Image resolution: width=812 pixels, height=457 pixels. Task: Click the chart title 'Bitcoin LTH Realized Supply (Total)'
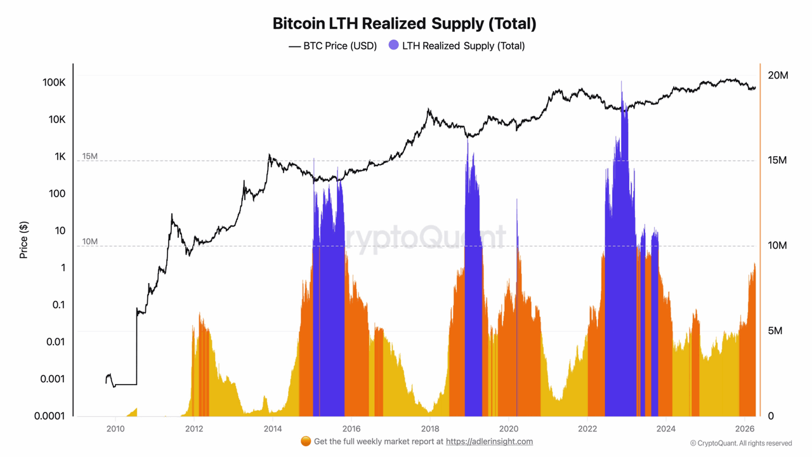[405, 23]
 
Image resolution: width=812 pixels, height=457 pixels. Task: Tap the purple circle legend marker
[394, 45]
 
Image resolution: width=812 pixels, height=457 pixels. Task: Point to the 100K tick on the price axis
[53, 83]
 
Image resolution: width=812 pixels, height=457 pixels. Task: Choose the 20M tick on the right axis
[778, 75]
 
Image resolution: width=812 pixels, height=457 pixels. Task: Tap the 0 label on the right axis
[771, 416]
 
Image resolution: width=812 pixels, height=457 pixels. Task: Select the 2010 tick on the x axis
[115, 428]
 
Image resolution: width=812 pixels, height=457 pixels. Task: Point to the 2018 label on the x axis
[430, 428]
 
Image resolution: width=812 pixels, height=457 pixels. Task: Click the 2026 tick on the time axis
[744, 428]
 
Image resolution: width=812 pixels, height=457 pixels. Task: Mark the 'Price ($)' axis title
[24, 240]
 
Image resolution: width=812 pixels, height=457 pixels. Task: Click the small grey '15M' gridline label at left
[89, 156]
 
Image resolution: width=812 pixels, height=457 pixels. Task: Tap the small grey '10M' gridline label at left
[89, 242]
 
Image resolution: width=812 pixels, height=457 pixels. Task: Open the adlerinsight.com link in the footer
[489, 441]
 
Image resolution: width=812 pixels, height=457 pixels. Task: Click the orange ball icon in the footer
[306, 441]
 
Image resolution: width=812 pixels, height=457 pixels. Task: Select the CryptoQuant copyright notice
[741, 443]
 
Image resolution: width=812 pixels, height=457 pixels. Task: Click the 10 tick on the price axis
[60, 230]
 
